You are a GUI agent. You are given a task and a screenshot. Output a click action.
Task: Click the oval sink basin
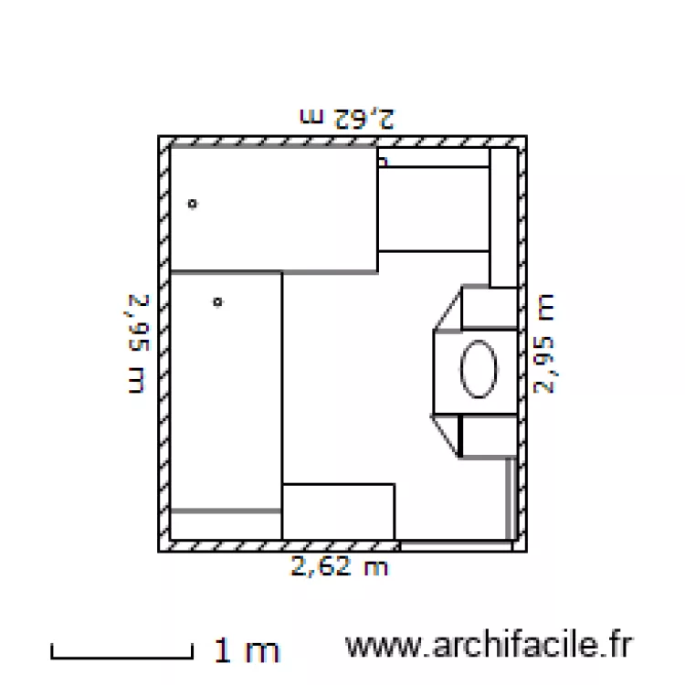coord(479,368)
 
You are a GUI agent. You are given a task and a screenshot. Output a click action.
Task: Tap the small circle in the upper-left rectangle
coord(192,204)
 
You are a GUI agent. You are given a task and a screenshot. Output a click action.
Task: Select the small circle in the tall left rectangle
coord(217,301)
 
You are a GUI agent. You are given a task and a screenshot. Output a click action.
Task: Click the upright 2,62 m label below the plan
coord(340,567)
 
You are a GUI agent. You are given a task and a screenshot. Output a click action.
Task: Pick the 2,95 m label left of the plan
coord(137,343)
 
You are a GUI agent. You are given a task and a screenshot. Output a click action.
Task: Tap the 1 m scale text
coord(247,650)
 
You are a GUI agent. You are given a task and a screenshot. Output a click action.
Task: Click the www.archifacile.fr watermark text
coord(488,647)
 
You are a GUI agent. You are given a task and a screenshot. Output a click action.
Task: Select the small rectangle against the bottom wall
coord(338,511)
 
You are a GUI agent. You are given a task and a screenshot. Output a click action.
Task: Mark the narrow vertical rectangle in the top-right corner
coord(503,217)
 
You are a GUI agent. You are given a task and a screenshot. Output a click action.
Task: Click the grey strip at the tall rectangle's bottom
coord(226,511)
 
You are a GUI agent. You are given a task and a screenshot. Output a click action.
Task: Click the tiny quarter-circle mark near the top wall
coord(383,161)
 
